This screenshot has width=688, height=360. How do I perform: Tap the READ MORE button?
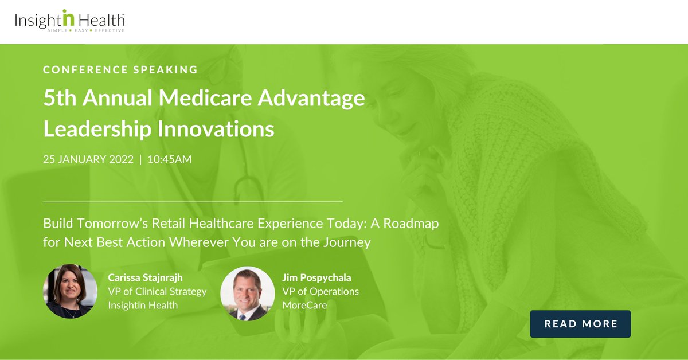(580, 324)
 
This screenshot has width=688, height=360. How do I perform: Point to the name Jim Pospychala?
(316, 277)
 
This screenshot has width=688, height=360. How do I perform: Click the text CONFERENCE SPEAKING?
(120, 69)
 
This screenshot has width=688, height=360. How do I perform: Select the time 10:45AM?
(170, 159)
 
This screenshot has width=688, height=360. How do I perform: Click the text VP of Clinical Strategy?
(157, 291)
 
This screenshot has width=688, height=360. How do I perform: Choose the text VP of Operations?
(320, 291)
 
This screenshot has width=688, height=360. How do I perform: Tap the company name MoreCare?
(304, 305)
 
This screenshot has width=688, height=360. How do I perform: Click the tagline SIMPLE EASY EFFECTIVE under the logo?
(86, 30)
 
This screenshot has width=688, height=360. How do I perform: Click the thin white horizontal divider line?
(193, 202)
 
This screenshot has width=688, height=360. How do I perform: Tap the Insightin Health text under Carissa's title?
(143, 305)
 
